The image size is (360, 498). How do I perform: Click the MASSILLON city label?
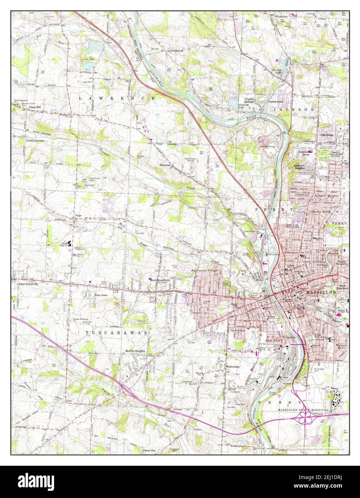point(321,293)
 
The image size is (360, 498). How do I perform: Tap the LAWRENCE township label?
point(117,97)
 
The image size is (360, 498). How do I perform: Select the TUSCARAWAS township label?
point(117,333)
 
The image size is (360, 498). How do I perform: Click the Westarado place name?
point(232,367)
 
